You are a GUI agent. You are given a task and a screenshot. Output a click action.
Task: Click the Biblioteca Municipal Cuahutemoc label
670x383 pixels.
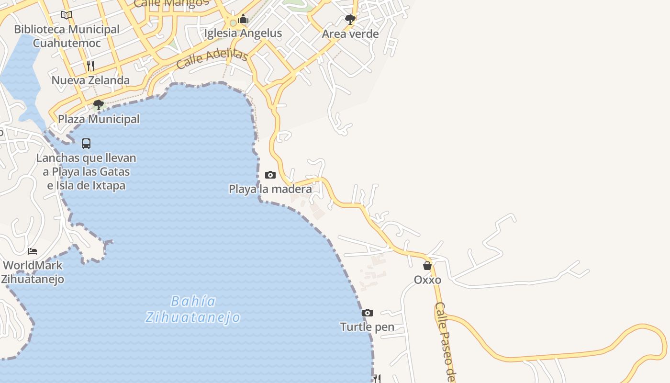[x=67, y=36]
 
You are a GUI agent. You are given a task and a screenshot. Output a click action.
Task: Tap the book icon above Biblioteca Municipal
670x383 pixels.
[x=67, y=15]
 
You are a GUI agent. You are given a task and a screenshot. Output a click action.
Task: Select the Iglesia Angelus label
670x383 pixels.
[x=243, y=33]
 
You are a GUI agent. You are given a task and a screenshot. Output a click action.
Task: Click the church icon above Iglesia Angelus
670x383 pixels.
[x=243, y=19]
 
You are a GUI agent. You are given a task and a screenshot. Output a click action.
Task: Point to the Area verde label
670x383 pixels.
[x=350, y=34]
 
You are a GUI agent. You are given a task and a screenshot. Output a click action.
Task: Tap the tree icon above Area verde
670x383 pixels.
[x=350, y=20]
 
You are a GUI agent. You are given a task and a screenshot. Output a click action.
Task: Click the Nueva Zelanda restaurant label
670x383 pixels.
[x=90, y=80]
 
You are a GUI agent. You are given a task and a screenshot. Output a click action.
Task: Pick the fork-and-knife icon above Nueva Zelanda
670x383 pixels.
[x=90, y=66]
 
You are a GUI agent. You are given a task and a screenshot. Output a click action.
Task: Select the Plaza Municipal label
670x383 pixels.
[x=99, y=119]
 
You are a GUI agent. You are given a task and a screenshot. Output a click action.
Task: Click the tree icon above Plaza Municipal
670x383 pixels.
[x=99, y=104]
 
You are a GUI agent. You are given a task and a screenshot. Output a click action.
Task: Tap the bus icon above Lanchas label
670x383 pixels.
[x=86, y=143]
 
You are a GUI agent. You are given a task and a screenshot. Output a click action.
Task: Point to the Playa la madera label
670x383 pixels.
[x=270, y=189]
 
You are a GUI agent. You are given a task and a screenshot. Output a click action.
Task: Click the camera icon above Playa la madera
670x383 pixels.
[x=270, y=175]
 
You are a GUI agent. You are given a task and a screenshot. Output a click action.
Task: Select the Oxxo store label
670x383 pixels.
[x=427, y=280]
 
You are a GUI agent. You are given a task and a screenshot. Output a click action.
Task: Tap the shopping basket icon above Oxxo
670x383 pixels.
[x=427, y=266]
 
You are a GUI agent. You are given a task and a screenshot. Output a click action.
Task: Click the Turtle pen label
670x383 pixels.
[x=367, y=327]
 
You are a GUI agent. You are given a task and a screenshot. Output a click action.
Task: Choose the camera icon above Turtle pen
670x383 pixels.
[x=367, y=313]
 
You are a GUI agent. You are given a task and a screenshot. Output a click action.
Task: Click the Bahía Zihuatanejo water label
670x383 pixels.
[x=193, y=309]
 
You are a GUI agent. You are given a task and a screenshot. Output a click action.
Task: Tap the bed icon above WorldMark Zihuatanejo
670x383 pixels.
[x=33, y=251]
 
